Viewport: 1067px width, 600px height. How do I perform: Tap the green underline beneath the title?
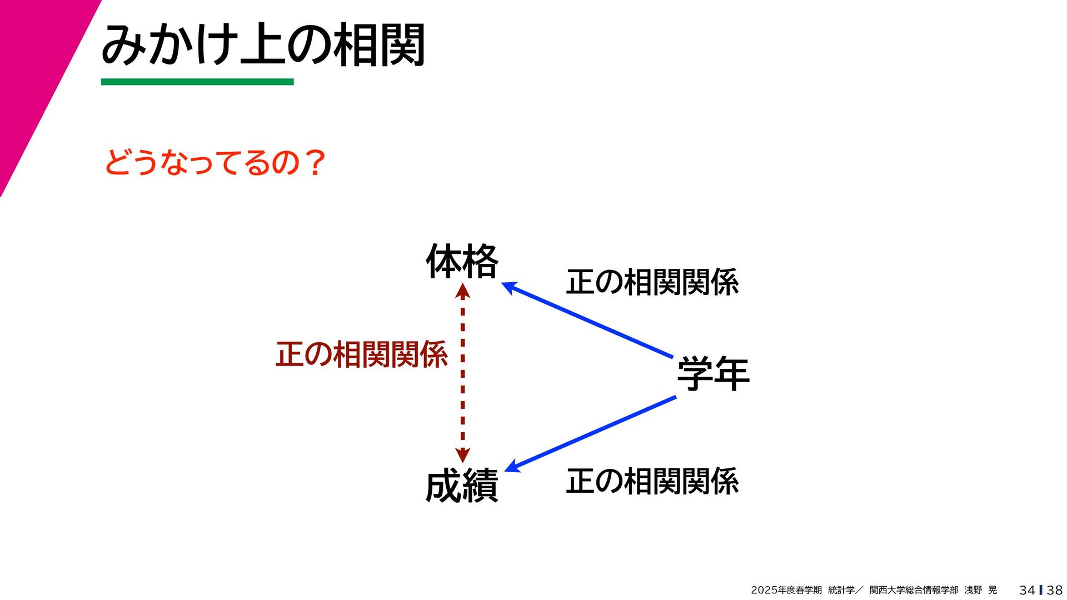click(x=197, y=82)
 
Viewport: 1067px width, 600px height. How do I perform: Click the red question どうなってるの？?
click(x=215, y=162)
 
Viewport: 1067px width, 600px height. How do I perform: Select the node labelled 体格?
click(x=462, y=261)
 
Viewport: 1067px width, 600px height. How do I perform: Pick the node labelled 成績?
click(x=462, y=486)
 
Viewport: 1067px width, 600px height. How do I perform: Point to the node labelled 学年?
click(x=713, y=373)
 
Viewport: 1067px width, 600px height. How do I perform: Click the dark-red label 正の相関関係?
click(x=361, y=354)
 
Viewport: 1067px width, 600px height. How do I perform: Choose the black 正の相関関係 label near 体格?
click(x=652, y=282)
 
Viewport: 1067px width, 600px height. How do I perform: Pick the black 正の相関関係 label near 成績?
click(x=652, y=481)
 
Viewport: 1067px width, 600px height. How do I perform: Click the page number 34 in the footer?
click(x=1027, y=590)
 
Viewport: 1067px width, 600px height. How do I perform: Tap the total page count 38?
click(x=1054, y=590)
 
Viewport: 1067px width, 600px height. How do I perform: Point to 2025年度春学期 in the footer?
click(x=786, y=590)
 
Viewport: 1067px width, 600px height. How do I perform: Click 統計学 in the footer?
click(x=841, y=590)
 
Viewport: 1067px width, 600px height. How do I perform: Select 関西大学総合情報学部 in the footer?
click(x=914, y=590)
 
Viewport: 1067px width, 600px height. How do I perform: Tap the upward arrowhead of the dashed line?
click(x=462, y=291)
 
